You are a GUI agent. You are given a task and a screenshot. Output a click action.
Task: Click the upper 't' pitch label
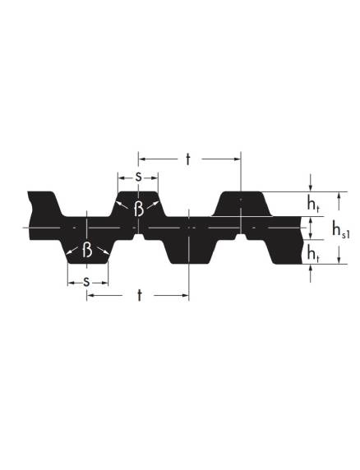pos(188,159)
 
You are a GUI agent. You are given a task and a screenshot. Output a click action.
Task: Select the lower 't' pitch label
pos(140,295)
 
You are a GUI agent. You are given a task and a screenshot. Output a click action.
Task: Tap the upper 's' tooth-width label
pos(138,177)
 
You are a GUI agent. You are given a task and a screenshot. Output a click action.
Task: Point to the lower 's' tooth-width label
pos(86,282)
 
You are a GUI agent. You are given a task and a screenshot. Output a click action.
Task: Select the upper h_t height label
pos(312,204)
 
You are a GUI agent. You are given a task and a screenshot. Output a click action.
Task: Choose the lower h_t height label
pos(312,254)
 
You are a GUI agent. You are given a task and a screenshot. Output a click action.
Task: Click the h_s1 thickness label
pos(341,229)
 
